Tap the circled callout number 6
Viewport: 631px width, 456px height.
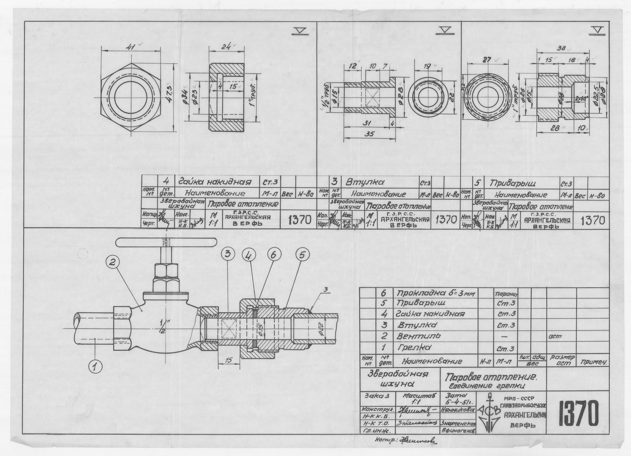(274, 255)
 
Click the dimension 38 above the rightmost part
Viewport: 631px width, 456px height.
(561, 48)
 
